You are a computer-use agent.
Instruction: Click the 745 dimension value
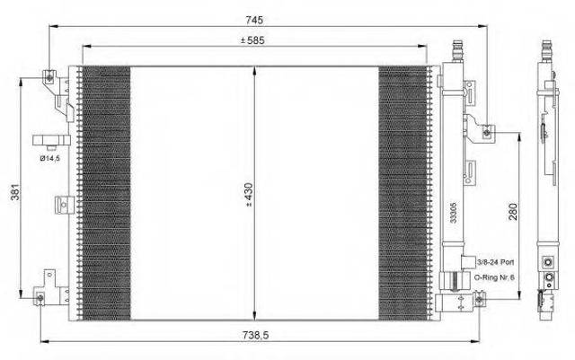(x=254, y=20)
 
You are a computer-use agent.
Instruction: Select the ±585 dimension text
(x=252, y=40)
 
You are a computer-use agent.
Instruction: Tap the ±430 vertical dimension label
(x=249, y=195)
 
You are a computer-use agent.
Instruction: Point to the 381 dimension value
(x=15, y=191)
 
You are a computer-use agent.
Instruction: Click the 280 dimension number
(x=513, y=212)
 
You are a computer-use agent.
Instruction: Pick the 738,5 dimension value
(x=255, y=335)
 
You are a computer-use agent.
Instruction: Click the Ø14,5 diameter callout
(x=49, y=158)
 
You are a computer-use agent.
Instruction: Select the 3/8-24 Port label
(x=495, y=262)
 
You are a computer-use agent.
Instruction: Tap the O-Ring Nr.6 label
(x=494, y=277)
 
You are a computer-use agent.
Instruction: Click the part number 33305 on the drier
(x=453, y=213)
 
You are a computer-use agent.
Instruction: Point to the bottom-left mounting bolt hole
(x=40, y=298)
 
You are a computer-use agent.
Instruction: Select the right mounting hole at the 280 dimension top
(x=487, y=132)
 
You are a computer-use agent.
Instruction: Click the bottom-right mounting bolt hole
(x=479, y=300)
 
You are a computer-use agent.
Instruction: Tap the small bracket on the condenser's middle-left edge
(x=65, y=205)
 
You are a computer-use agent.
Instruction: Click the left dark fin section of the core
(x=106, y=193)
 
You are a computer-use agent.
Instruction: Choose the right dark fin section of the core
(x=403, y=193)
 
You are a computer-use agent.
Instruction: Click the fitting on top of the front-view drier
(x=458, y=51)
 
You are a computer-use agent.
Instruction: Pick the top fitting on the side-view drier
(x=547, y=51)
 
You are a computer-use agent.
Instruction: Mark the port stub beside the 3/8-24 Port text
(x=468, y=262)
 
